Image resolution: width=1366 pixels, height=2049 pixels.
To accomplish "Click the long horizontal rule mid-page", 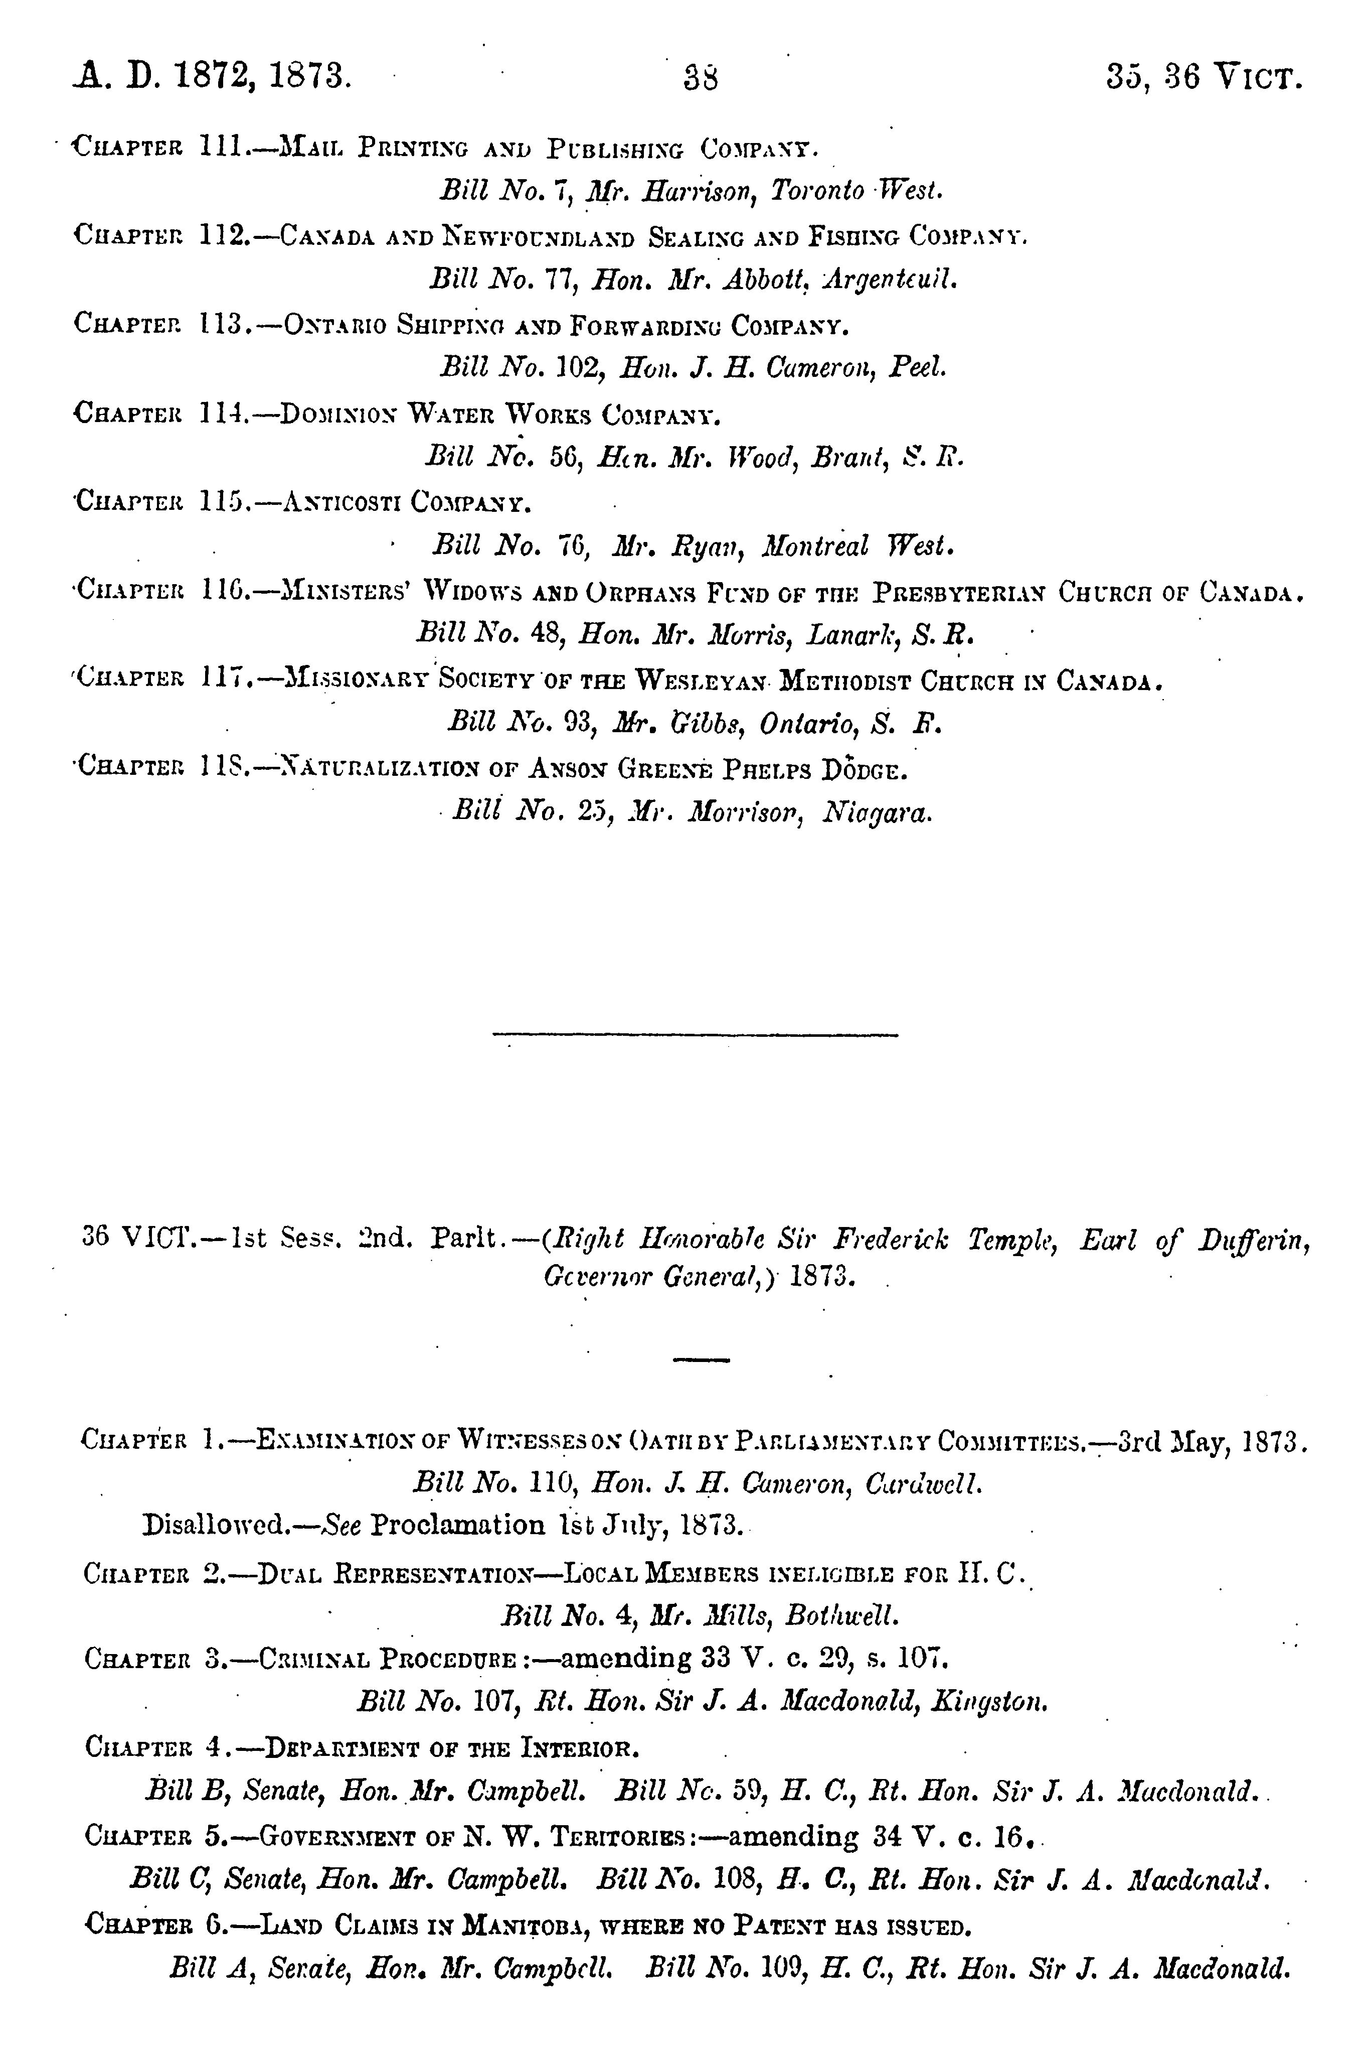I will (695, 1034).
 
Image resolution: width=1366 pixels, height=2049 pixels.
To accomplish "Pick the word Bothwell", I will (840, 1616).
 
